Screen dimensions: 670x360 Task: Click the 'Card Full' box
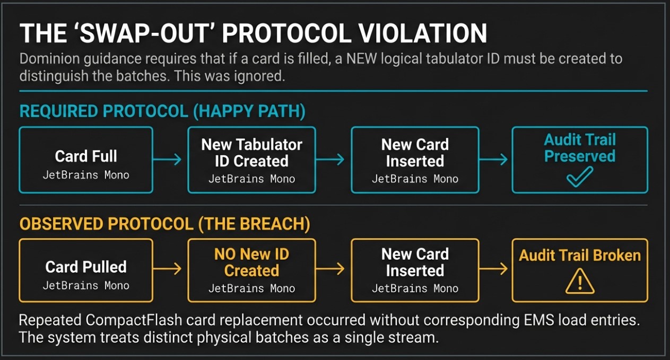[86, 160]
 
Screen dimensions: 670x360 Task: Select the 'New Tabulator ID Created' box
[251, 160]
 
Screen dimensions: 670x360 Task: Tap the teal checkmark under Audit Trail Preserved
[579, 177]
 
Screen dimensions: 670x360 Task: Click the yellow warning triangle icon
[580, 281]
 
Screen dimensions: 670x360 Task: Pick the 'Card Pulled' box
[86, 270]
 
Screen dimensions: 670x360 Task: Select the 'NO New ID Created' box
[251, 270]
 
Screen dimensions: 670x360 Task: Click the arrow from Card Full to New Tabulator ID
[167, 160]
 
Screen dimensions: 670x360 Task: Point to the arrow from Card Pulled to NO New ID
[167, 268]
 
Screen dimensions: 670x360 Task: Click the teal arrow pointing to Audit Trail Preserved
[493, 160]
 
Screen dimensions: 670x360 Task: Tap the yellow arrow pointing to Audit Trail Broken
[493, 268]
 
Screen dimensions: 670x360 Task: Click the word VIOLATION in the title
[423, 33]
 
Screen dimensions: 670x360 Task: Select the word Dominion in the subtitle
[49, 59]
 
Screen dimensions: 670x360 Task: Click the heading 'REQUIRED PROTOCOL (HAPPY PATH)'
[162, 111]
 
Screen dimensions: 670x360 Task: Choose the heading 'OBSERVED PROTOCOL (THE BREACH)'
[165, 224]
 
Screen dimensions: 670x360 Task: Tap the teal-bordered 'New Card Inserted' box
[415, 160]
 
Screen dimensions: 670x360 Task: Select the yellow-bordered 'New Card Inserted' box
[415, 270]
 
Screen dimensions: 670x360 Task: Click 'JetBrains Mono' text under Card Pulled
[86, 286]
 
